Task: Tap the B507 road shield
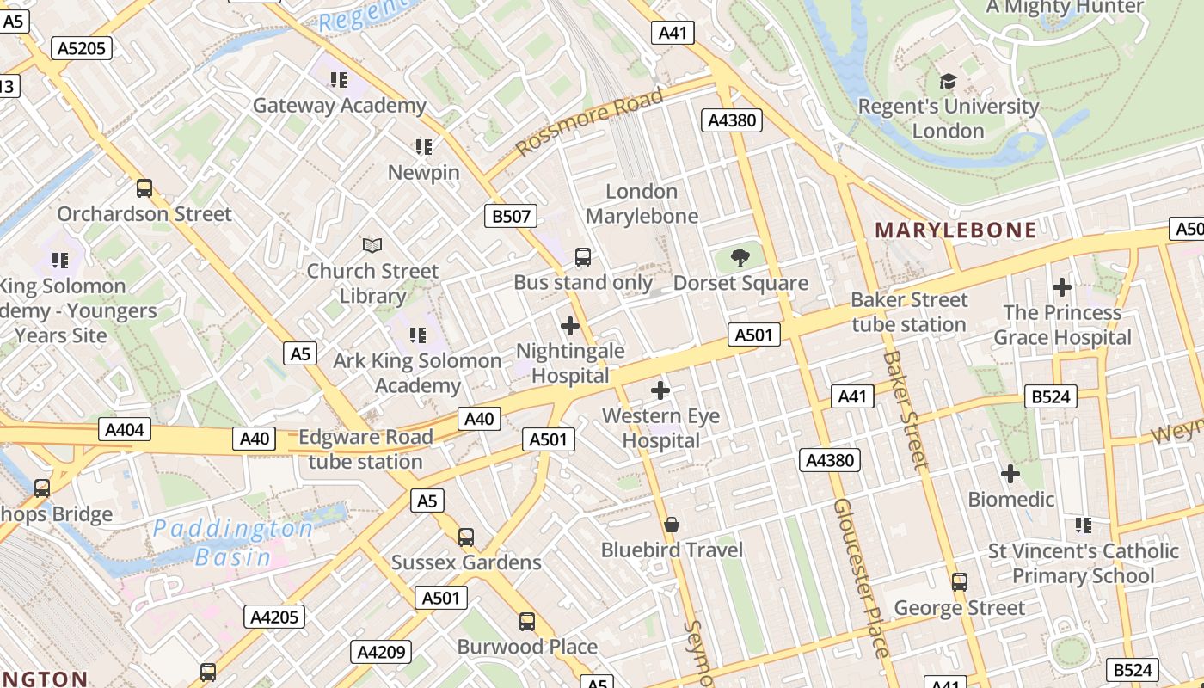(x=511, y=216)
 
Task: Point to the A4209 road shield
(x=380, y=652)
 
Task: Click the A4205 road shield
(x=275, y=617)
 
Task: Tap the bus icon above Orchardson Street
(x=144, y=188)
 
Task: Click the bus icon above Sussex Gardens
(x=466, y=537)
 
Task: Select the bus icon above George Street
(x=960, y=582)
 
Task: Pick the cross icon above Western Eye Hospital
(x=660, y=391)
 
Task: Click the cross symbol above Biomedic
(x=1010, y=474)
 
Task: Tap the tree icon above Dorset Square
(x=740, y=257)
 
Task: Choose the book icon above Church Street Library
(x=372, y=246)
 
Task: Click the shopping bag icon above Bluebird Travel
(x=672, y=525)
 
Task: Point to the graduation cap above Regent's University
(x=948, y=82)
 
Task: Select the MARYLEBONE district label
(x=955, y=230)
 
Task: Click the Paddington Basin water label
(x=232, y=542)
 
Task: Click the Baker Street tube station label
(x=909, y=312)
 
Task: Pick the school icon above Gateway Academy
(x=339, y=80)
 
